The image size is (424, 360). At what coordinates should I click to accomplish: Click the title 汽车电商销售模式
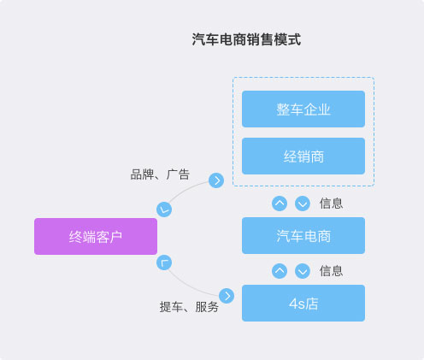point(246,39)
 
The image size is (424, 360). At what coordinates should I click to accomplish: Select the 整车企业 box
point(303,109)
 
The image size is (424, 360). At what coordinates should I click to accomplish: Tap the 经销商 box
point(303,156)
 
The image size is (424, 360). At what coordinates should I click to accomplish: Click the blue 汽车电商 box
point(303,235)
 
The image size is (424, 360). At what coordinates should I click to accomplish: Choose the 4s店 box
point(303,303)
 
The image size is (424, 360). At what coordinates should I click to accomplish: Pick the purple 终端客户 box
point(96,236)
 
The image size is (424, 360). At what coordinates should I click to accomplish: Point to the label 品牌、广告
point(160,174)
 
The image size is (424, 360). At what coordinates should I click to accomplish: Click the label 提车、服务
point(189,307)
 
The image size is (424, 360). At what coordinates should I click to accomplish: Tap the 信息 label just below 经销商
point(331,204)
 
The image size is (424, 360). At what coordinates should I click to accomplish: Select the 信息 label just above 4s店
point(331,271)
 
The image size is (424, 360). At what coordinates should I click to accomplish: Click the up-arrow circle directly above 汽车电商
point(280,204)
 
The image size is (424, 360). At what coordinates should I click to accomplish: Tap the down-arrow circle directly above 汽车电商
point(303,204)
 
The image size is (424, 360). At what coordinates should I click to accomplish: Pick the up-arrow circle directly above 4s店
point(280,271)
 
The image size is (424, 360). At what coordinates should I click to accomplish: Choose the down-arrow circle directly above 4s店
point(303,271)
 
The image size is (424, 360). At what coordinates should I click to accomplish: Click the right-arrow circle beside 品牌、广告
point(216,180)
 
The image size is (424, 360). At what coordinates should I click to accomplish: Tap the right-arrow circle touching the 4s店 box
point(227,296)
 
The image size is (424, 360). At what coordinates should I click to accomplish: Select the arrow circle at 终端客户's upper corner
point(164,210)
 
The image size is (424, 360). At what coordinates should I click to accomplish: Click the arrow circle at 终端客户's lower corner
point(164,263)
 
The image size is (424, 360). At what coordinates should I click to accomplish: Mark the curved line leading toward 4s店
point(191,286)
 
